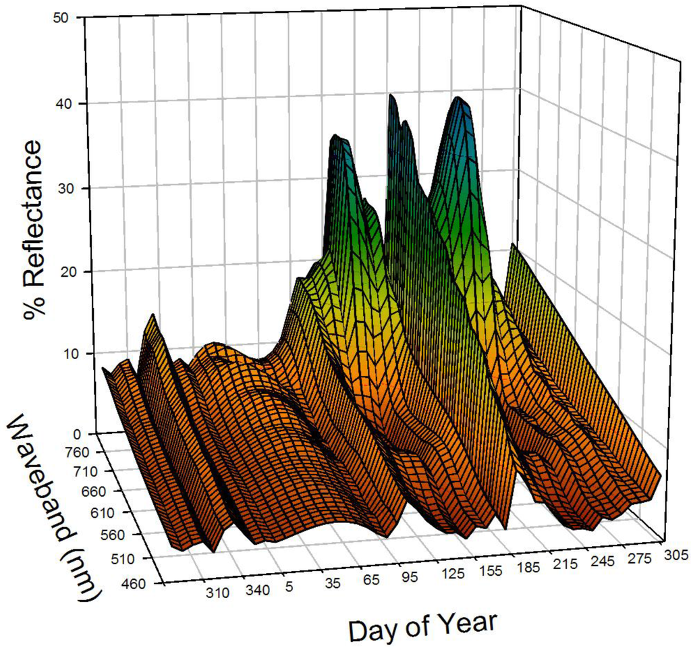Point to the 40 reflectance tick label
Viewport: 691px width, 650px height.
(x=63, y=103)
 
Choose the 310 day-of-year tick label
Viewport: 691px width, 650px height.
(x=218, y=594)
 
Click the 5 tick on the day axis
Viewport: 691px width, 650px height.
(x=288, y=588)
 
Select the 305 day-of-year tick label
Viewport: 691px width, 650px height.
(x=675, y=555)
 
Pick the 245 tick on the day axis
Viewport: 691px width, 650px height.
(x=602, y=561)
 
